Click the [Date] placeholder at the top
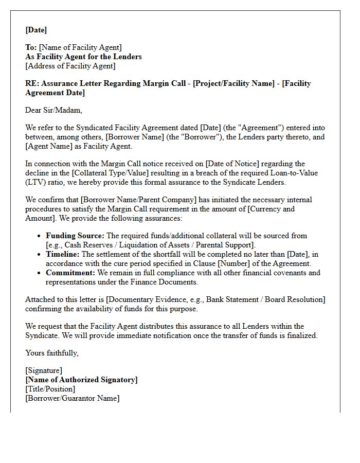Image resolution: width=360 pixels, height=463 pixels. coord(36,30)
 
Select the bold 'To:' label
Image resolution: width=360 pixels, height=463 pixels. coord(31,48)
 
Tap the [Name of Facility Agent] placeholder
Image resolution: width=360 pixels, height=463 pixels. coord(80,48)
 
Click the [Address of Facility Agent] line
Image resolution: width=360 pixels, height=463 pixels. coord(70,66)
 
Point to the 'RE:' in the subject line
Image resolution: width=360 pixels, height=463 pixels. coord(32,83)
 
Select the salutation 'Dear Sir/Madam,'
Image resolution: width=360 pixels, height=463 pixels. coord(53,110)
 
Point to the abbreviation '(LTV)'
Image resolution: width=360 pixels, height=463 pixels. coord(35,182)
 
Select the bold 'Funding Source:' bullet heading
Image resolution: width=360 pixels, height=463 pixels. coord(75,236)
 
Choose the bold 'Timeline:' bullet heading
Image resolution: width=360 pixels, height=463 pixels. coord(62,254)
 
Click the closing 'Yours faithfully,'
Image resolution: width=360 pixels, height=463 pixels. coord(52,353)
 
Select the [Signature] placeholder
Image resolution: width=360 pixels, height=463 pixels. coord(44,370)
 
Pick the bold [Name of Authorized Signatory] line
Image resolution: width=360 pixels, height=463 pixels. coord(81,380)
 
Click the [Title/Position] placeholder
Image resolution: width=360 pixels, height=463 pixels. coord(50,389)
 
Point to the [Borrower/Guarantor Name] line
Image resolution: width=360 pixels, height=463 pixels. coord(72,398)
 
